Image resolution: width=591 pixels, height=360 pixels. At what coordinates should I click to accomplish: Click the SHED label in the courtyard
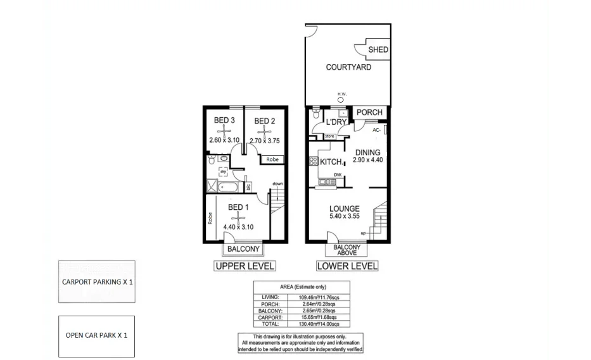point(378,49)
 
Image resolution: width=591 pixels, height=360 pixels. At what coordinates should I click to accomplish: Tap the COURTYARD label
point(348,67)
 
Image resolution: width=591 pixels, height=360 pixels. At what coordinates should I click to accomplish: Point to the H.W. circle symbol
point(341,100)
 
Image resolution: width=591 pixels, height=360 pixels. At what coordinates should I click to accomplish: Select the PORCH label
point(369,112)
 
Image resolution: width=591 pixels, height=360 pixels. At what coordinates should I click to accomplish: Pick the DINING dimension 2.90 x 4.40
point(367,160)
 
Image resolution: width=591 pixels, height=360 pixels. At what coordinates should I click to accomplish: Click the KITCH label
point(331,162)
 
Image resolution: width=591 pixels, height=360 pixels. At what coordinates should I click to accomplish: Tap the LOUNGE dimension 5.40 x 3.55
point(345,217)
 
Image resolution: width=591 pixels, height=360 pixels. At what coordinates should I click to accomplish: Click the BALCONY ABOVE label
point(346,250)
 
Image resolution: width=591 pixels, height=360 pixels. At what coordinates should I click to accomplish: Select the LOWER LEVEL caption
point(346,266)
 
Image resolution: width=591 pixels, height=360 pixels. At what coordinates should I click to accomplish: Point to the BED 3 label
point(224,120)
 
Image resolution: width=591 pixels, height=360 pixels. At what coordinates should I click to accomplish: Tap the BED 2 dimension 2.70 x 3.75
point(265,141)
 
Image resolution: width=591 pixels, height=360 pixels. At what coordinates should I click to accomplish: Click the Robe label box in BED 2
point(272,160)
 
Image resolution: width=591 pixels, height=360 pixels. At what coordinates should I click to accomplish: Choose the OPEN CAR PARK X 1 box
point(96,335)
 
